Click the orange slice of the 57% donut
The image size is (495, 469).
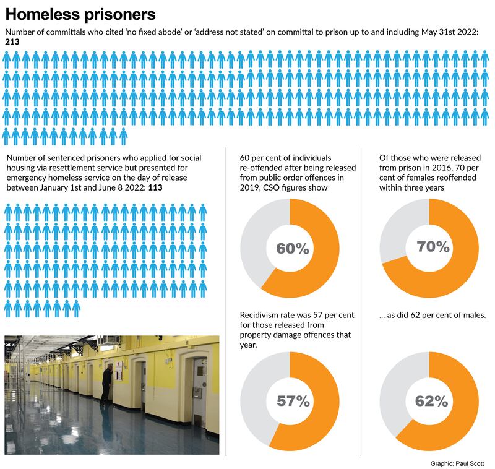click(x=325, y=408)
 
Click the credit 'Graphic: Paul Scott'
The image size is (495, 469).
click(x=457, y=463)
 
